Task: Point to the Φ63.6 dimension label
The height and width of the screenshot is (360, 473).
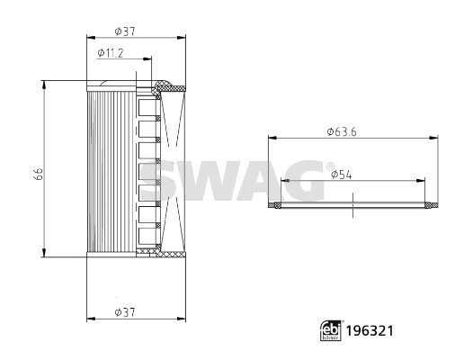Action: pos(344,131)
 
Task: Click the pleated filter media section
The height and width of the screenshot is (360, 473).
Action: pos(110,171)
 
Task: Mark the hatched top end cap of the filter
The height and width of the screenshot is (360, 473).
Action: pos(165,87)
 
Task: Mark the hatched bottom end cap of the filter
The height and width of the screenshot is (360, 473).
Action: pos(165,255)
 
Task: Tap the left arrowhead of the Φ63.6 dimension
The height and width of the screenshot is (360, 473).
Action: pos(272,138)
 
